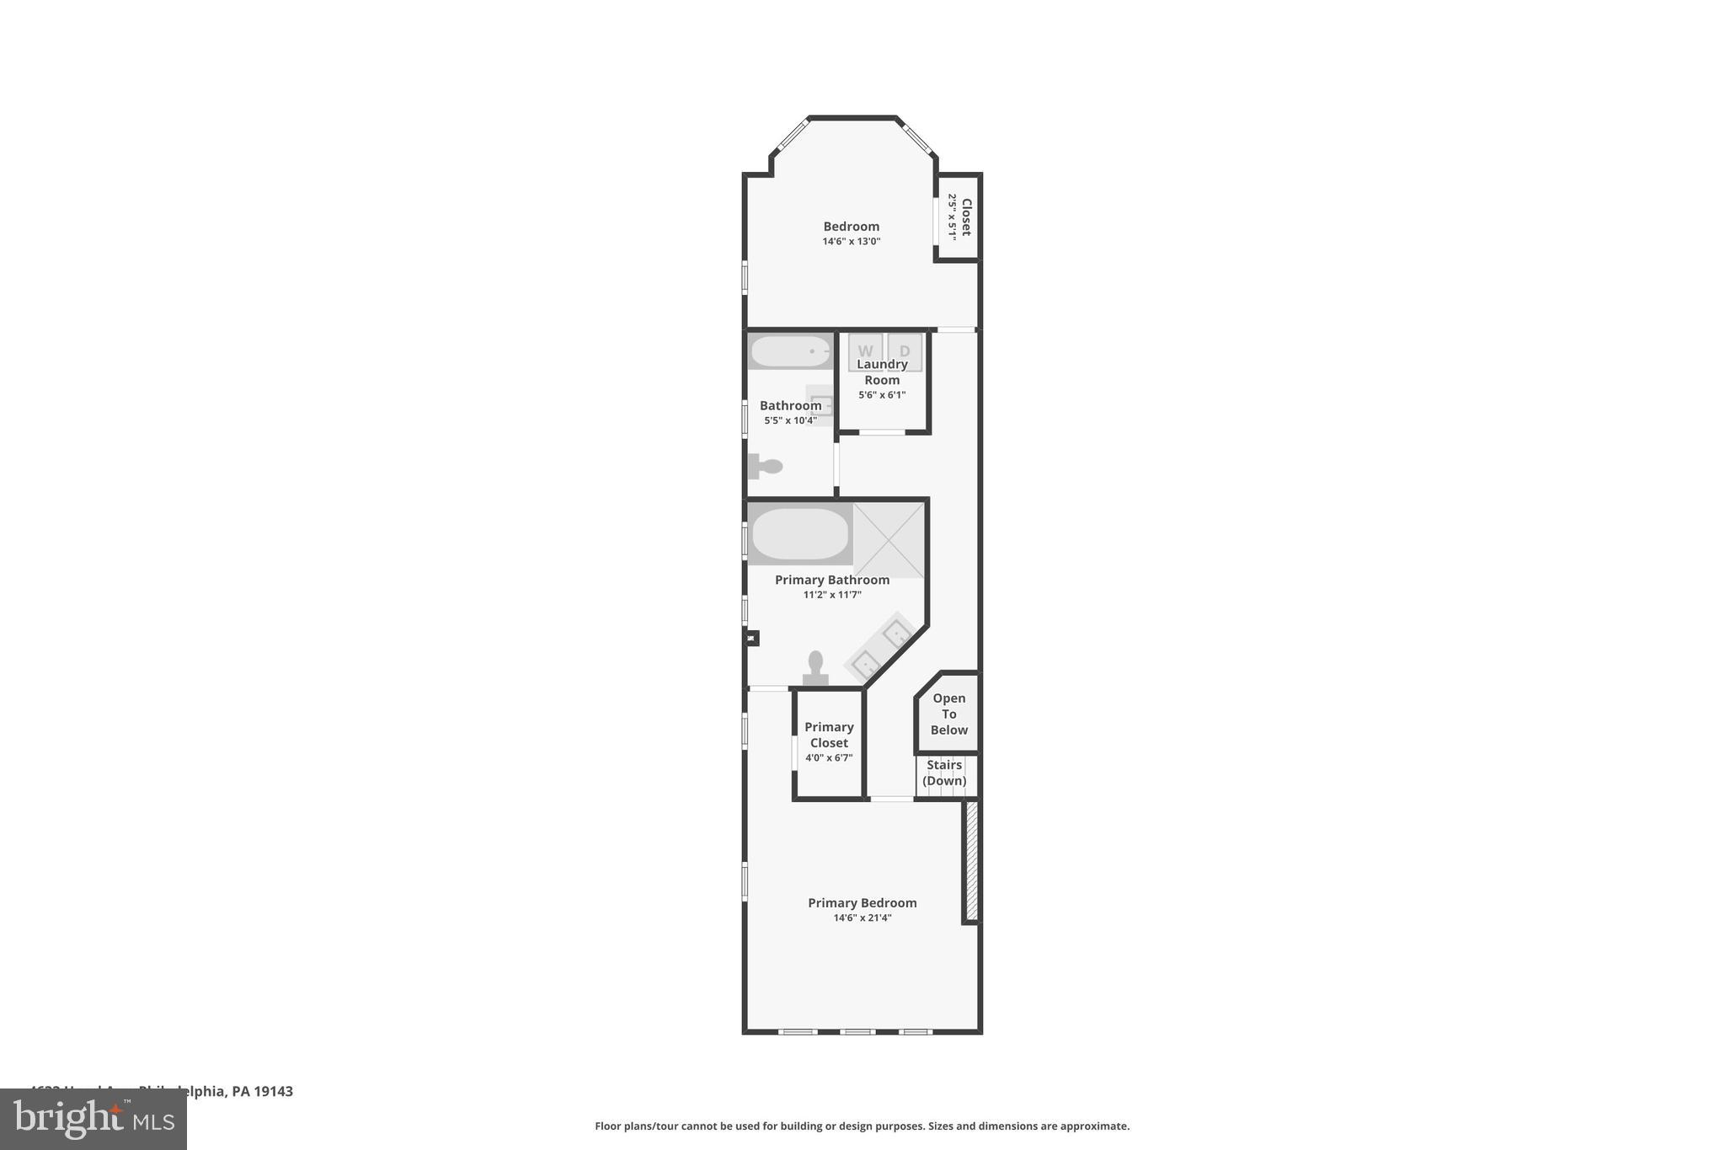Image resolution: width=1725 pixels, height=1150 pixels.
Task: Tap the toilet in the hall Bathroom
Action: (766, 466)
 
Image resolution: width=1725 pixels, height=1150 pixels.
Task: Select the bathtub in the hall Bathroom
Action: (790, 351)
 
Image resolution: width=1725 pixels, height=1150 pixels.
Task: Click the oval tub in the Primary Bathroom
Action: (799, 534)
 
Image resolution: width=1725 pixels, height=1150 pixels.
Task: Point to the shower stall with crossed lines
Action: (889, 540)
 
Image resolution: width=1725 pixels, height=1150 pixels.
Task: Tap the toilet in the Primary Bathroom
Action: (815, 668)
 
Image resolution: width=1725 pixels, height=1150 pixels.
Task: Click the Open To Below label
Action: (948, 714)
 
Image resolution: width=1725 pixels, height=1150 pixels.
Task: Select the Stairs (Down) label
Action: (944, 773)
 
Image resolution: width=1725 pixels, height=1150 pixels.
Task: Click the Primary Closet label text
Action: (829, 735)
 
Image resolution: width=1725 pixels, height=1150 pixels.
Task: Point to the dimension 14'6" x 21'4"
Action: (862, 917)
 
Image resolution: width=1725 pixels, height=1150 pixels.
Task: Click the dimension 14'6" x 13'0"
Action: (852, 241)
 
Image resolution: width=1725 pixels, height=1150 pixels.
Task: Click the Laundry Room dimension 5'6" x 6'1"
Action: (882, 394)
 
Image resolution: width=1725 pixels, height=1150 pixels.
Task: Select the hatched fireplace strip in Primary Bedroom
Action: (971, 861)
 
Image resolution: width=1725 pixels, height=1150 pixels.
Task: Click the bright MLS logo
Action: (93, 1119)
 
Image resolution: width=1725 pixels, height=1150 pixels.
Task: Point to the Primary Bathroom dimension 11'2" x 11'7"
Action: (832, 595)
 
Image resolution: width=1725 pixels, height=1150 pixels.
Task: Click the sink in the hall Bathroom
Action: (820, 405)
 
